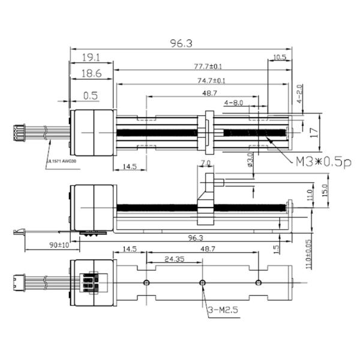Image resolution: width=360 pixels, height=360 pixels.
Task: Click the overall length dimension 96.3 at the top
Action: click(x=181, y=43)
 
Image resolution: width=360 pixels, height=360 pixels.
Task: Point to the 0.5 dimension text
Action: click(x=91, y=95)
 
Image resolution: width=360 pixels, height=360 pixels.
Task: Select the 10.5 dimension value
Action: click(x=280, y=58)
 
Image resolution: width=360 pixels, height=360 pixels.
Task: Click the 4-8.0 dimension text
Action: click(x=233, y=103)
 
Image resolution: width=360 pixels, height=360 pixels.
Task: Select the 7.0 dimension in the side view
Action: click(x=205, y=163)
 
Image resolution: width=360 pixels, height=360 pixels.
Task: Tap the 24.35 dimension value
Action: click(x=173, y=260)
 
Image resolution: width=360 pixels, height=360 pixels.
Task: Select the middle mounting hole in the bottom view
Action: click(x=202, y=282)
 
